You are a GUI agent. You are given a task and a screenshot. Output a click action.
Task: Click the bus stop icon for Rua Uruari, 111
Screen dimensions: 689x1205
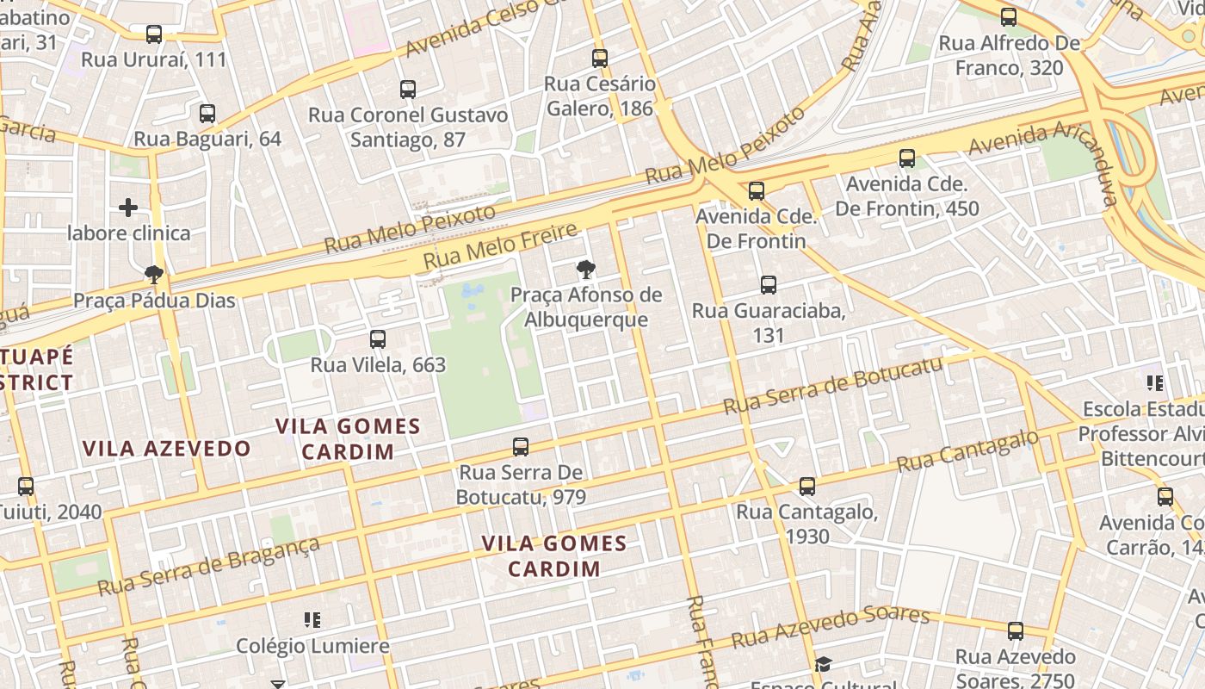coord(154,34)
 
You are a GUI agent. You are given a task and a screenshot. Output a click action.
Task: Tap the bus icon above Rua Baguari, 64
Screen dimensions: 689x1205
coord(207,114)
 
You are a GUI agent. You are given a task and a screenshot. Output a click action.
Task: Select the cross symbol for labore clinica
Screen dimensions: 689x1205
coord(128,208)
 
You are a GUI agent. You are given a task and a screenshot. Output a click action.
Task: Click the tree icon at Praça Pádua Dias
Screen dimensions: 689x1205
coord(154,275)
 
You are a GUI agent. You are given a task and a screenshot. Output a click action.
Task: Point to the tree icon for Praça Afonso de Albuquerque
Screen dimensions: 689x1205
coord(586,270)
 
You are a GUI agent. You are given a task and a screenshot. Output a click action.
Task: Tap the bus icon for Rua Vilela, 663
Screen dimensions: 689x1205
coord(378,339)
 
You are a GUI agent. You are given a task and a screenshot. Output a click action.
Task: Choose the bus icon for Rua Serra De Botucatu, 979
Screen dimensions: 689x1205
coord(521,447)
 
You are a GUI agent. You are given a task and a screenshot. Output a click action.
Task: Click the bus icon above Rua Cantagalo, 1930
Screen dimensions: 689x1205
coord(807,487)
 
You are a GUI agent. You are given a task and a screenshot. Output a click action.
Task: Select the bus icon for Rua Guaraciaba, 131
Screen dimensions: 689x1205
coord(769,285)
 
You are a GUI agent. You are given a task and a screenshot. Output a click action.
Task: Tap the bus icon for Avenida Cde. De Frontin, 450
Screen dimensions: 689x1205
coord(907,158)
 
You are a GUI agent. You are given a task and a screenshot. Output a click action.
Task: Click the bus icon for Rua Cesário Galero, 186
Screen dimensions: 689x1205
coord(600,59)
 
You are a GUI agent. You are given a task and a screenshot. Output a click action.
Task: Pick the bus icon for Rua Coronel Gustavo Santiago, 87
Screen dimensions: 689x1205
coord(408,90)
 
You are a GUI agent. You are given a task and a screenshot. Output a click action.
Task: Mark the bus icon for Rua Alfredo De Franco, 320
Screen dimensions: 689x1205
coord(1009,17)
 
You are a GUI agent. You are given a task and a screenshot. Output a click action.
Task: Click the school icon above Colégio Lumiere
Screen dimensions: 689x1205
coord(312,620)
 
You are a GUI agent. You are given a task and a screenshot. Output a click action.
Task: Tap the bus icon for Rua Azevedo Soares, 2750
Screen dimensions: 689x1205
coord(1016,631)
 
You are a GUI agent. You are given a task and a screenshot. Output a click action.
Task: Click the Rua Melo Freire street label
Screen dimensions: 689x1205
coord(500,245)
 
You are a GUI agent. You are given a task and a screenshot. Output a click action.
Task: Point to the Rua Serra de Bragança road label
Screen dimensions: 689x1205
coord(208,566)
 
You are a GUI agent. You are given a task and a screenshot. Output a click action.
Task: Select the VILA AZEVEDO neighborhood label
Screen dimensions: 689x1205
coord(167,448)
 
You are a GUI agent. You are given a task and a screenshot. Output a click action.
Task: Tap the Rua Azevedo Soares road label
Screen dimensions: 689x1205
coord(831,628)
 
